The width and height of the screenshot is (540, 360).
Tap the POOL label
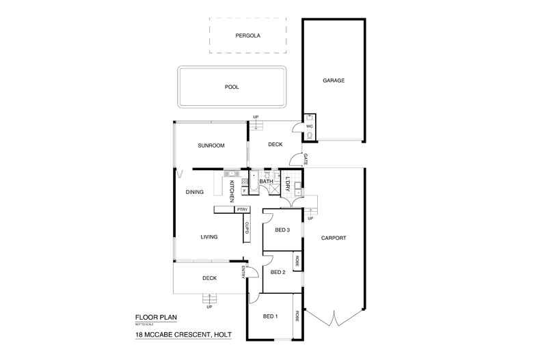point(232,87)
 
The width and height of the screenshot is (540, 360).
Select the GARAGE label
point(334,81)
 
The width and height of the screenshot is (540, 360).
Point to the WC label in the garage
point(309,126)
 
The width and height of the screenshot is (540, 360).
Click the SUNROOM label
point(211,146)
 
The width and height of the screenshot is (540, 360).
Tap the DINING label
point(195,192)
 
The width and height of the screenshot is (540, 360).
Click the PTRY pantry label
point(243,209)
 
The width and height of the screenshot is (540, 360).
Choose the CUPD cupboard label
point(245,228)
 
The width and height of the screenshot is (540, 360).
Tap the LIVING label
point(209,237)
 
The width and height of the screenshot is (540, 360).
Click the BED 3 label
point(283,230)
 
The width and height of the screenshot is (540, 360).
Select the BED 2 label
point(278,272)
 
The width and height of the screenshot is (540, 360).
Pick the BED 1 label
point(271,316)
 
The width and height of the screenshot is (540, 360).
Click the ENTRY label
point(243,273)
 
